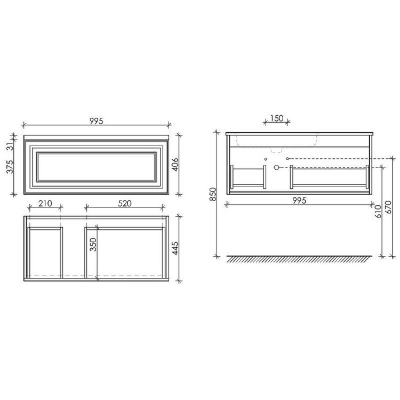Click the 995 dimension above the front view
(x=96, y=121)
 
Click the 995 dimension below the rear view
(x=299, y=201)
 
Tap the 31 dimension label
(x=10, y=147)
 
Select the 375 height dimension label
(x=10, y=167)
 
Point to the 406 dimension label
(x=175, y=165)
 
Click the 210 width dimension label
(x=45, y=204)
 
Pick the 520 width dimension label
(x=125, y=204)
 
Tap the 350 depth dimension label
(x=93, y=245)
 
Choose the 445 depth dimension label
(x=175, y=248)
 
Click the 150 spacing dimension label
(x=277, y=118)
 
